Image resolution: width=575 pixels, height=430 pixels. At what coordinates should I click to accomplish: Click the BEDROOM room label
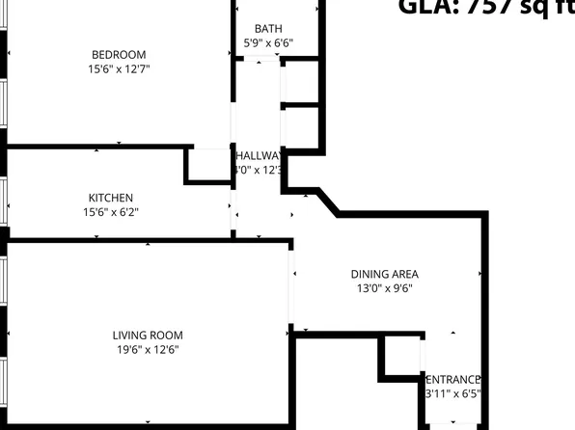pyautogui.click(x=119, y=54)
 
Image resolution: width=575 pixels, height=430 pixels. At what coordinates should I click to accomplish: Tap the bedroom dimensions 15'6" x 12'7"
pyautogui.click(x=119, y=69)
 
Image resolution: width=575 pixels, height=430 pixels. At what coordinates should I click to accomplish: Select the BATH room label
pyautogui.click(x=268, y=29)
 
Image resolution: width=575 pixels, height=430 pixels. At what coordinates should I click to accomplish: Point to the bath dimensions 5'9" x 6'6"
pyautogui.click(x=268, y=43)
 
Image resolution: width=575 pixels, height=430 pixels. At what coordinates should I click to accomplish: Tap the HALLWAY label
pyautogui.click(x=259, y=156)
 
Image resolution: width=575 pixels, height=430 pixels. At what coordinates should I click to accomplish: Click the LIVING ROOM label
pyautogui.click(x=146, y=335)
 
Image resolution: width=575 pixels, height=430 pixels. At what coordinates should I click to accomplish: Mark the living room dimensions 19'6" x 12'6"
pyautogui.click(x=146, y=350)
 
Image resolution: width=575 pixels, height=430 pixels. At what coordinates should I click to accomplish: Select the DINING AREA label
pyautogui.click(x=384, y=274)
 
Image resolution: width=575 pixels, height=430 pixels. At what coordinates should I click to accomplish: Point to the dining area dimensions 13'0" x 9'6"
pyautogui.click(x=384, y=288)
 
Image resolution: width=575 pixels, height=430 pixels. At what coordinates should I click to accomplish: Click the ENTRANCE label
pyautogui.click(x=452, y=379)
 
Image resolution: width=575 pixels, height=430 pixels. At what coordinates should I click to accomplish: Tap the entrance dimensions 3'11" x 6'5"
pyautogui.click(x=452, y=393)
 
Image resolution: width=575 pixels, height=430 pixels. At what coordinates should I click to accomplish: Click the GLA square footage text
pyautogui.click(x=486, y=8)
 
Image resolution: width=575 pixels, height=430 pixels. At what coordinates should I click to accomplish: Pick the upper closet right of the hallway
pyautogui.click(x=300, y=82)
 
